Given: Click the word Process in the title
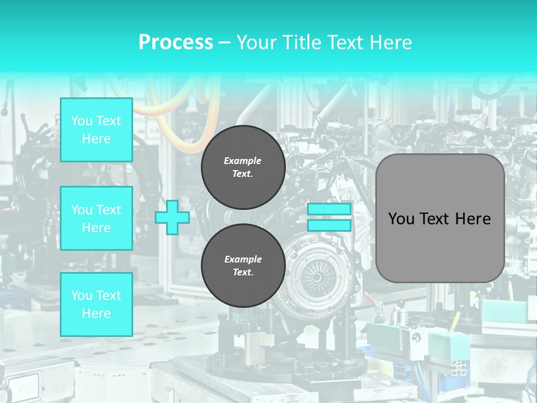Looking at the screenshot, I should (176, 43).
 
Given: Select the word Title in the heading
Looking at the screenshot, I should (302, 43).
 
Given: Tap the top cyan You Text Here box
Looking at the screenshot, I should (96, 130).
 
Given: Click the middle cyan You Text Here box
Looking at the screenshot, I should (96, 218).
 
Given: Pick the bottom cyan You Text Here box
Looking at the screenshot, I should (96, 304).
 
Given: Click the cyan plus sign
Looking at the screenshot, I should (172, 217).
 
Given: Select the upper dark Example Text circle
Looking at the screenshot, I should (243, 167).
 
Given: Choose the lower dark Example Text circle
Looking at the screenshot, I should (243, 265).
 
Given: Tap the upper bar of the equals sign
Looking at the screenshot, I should (329, 209).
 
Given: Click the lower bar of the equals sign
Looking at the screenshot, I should (329, 225).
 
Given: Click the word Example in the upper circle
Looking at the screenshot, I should (243, 161).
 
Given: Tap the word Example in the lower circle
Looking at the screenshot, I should (243, 259).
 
